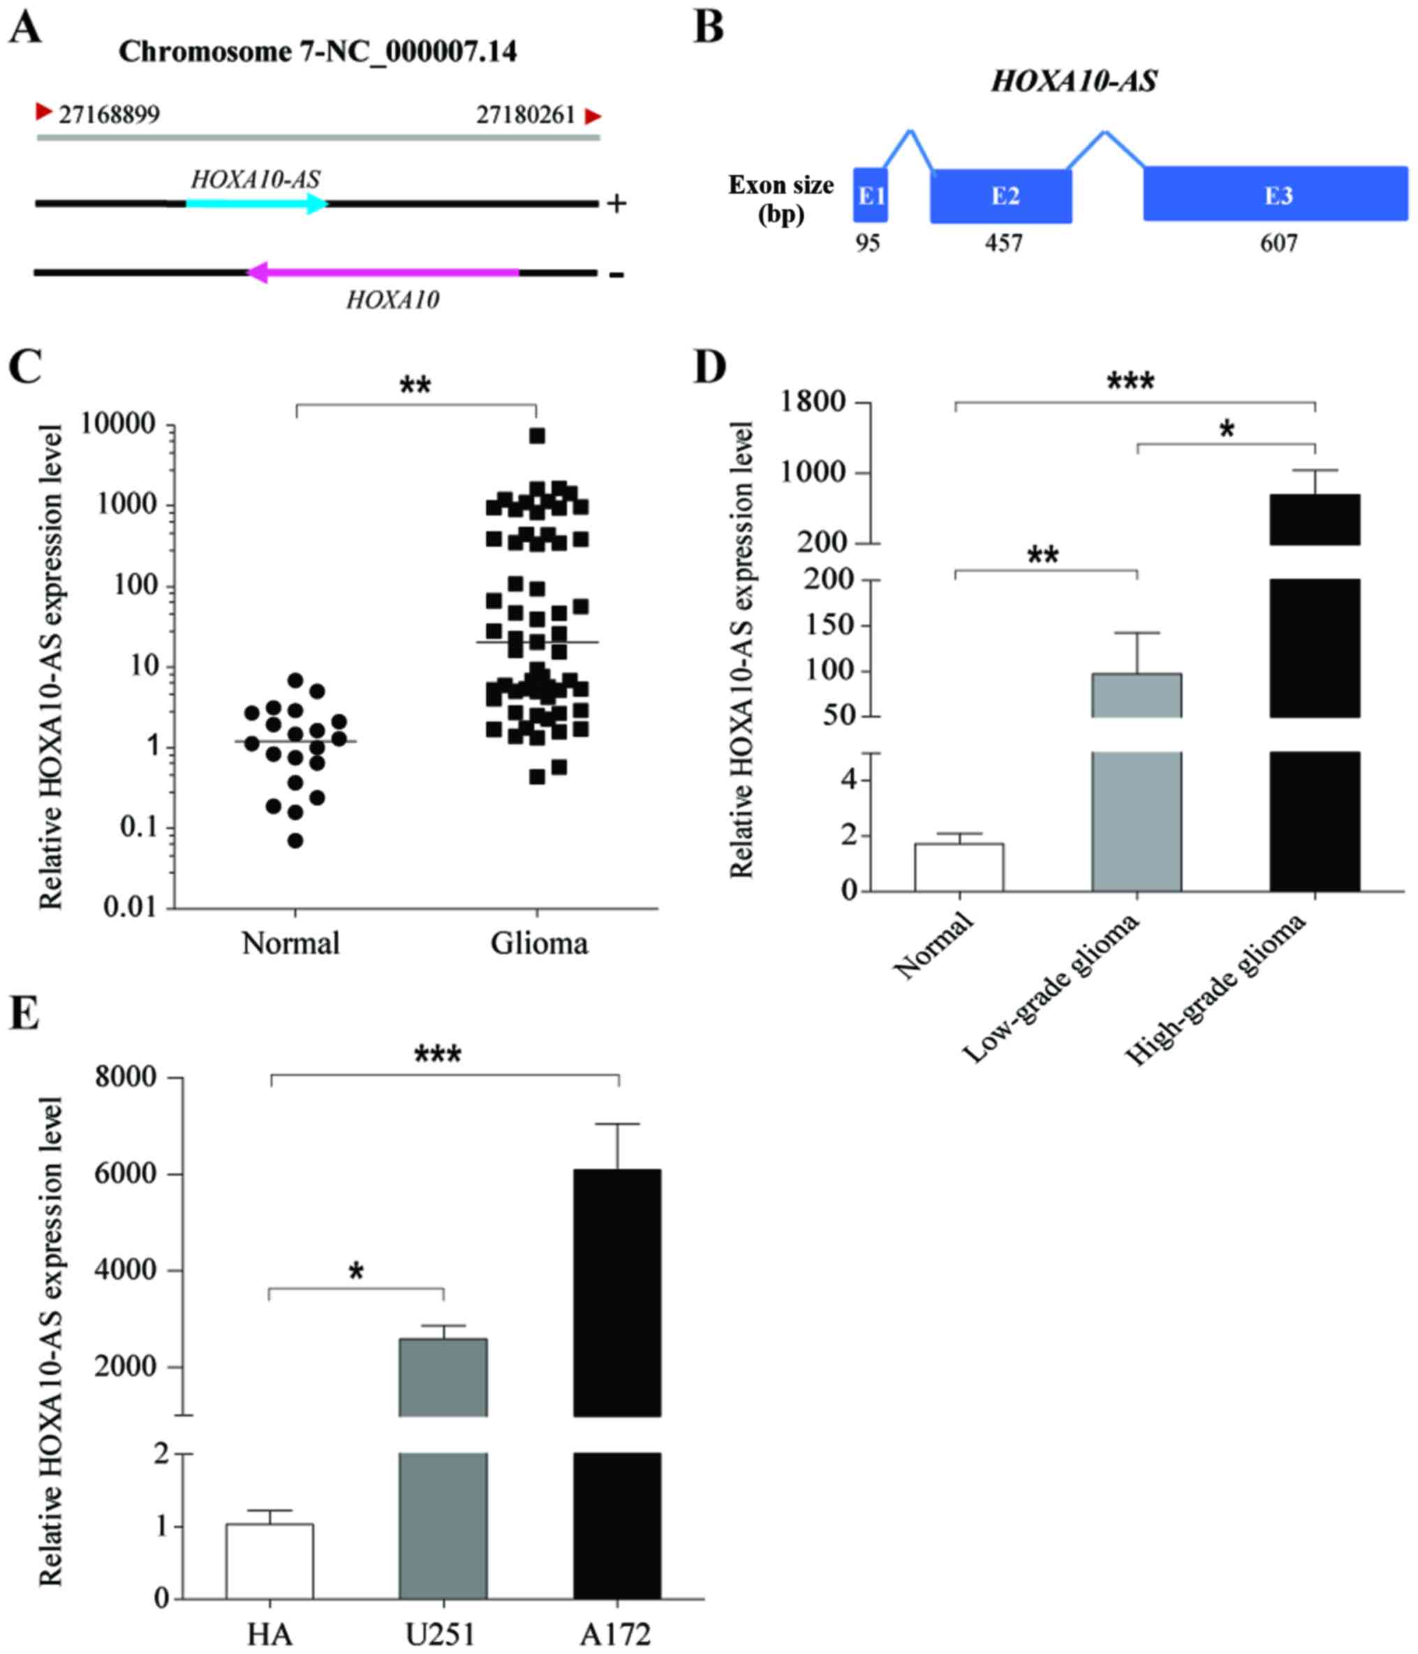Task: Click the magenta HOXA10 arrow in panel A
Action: coord(383,273)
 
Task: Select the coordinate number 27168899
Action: coord(109,115)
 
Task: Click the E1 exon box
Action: coord(871,195)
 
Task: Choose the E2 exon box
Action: coord(1001,195)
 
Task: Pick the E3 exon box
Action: coord(1276,195)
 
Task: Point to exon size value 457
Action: coord(1003,243)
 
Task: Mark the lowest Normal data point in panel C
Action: coord(295,840)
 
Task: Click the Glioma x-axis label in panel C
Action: coord(539,943)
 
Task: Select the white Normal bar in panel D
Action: coord(959,867)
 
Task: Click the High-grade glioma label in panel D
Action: coord(1216,990)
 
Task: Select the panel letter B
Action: coord(708,28)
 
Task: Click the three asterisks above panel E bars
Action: coord(438,1055)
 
